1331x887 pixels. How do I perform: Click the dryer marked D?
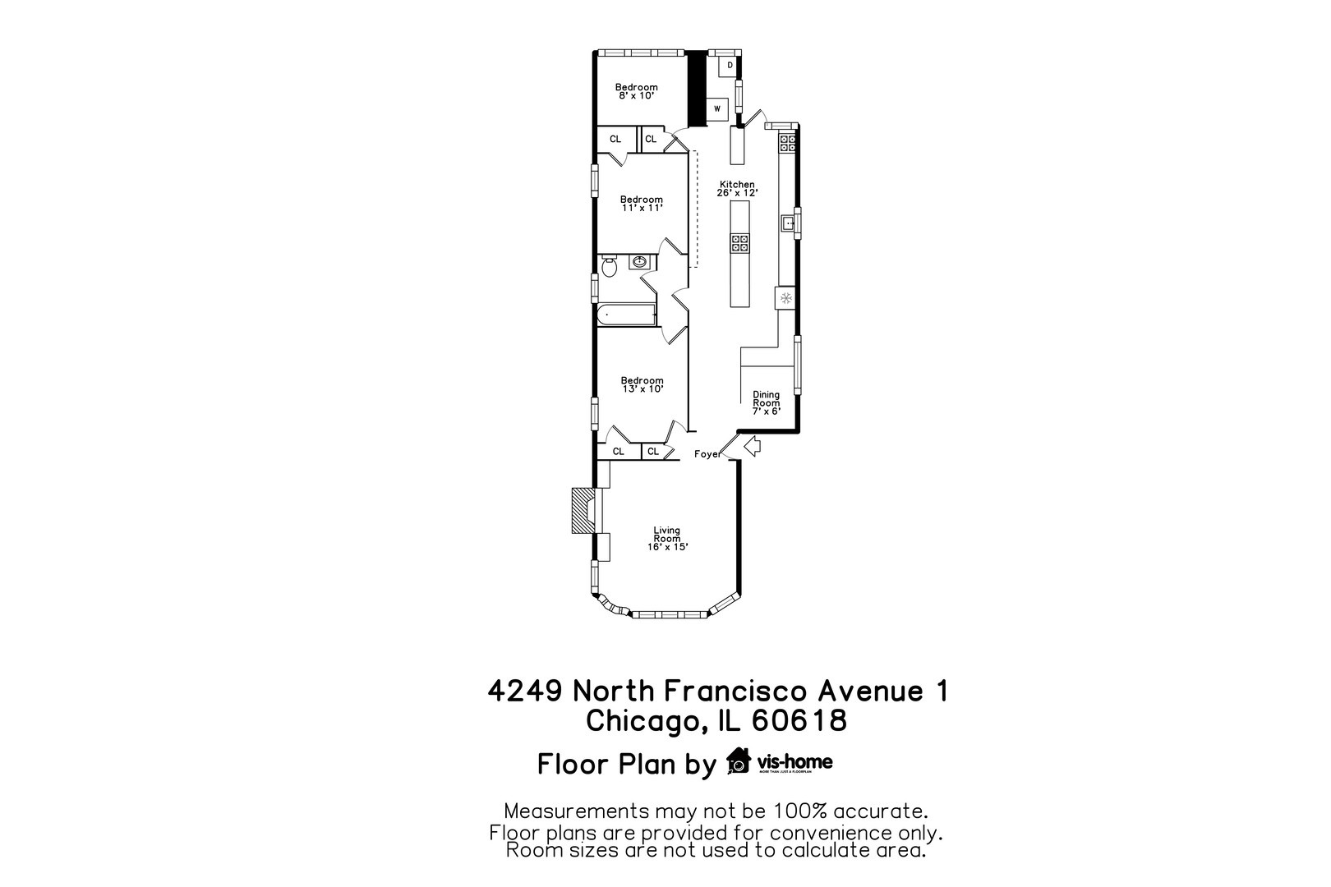click(729, 65)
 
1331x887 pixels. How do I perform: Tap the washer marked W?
click(717, 108)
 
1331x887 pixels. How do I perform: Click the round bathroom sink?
click(639, 262)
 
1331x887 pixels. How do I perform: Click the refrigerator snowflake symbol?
click(785, 297)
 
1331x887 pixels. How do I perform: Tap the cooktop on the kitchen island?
click(740, 242)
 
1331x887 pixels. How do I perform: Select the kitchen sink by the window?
click(787, 222)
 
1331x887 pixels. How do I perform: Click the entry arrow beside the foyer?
click(751, 446)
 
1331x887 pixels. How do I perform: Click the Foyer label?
click(707, 454)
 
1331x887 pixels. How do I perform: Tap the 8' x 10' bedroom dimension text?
click(636, 95)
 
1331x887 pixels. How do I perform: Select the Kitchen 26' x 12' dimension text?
click(737, 192)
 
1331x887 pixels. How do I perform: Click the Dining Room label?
click(766, 398)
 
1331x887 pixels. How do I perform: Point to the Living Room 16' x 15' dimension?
click(667, 547)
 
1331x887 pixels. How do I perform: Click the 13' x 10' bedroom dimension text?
click(642, 388)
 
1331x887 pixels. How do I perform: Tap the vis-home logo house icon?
click(739, 761)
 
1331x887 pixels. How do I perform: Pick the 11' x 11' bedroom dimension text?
click(642, 208)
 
